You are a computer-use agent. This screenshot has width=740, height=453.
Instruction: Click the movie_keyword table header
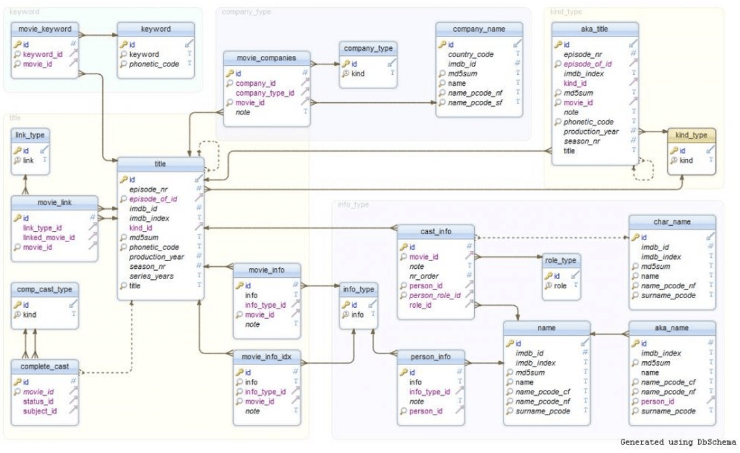click(x=46, y=29)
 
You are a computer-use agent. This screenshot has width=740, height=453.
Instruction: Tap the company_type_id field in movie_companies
click(x=264, y=93)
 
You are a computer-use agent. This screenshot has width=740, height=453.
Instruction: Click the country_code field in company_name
click(x=470, y=55)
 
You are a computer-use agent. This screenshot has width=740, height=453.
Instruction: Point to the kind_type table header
click(x=691, y=135)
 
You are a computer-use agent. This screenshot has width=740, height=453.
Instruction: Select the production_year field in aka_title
click(x=591, y=131)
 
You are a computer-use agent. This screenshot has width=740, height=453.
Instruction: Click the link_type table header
click(x=29, y=135)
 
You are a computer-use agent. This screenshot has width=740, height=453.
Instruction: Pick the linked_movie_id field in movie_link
click(x=49, y=238)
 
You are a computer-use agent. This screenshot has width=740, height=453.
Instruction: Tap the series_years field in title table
click(x=151, y=276)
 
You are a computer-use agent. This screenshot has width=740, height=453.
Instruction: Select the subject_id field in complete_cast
click(x=40, y=411)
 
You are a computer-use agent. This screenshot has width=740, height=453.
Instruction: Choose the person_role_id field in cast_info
click(x=434, y=295)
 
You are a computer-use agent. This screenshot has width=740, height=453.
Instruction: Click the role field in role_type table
click(x=560, y=286)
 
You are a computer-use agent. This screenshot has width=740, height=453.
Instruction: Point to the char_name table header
click(x=672, y=222)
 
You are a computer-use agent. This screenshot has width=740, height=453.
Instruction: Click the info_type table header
click(x=358, y=290)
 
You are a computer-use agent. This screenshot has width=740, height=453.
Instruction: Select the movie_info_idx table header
click(x=266, y=357)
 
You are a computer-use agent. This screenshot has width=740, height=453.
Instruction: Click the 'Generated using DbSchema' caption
click(x=677, y=442)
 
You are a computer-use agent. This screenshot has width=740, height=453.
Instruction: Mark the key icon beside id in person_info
click(x=403, y=373)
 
